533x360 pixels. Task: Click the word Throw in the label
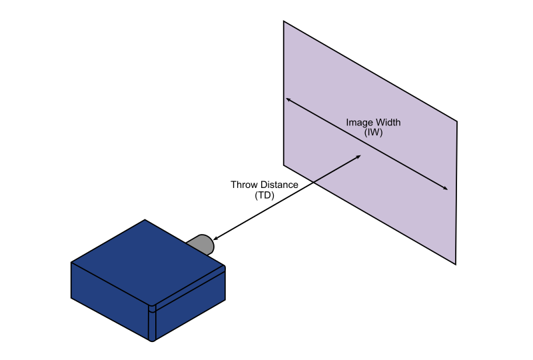(x=245, y=185)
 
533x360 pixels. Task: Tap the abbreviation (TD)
(x=265, y=196)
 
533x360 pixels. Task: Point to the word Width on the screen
(x=389, y=123)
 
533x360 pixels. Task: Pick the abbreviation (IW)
(x=374, y=133)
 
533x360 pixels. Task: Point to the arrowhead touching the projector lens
(x=215, y=238)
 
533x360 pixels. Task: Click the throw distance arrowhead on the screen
(x=359, y=157)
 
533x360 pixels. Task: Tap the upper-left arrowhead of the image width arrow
(x=288, y=99)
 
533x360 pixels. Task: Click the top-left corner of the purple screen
(x=284, y=21)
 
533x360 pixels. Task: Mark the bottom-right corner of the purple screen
(x=456, y=265)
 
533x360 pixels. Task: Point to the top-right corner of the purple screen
(x=457, y=121)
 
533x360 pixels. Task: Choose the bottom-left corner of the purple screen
(x=284, y=165)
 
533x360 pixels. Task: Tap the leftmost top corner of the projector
(x=71, y=263)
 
